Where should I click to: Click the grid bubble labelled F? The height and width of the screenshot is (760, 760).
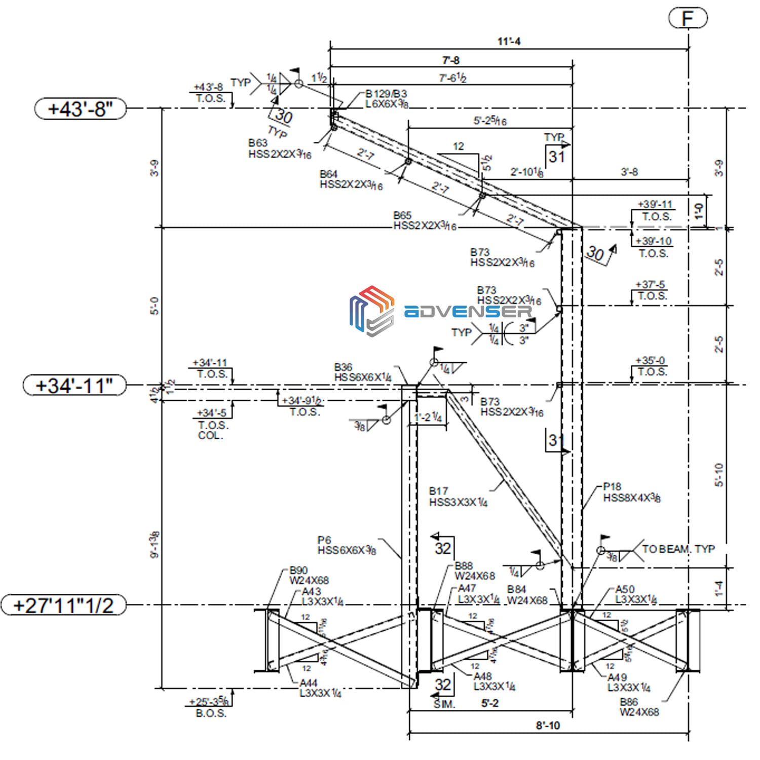688,18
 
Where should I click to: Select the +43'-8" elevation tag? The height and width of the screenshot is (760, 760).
80,108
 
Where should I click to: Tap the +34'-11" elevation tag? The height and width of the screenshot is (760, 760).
74,386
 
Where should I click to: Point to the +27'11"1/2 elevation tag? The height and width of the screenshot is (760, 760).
63,605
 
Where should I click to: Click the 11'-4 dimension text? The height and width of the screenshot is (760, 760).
509,41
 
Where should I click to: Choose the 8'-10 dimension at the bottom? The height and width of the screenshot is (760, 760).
548,725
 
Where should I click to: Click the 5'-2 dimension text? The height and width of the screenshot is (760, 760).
489,703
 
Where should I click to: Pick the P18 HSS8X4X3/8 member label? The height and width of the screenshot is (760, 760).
631,492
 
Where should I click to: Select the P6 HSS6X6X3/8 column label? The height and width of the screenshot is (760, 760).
347,545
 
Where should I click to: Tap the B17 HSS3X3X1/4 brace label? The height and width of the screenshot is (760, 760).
458,497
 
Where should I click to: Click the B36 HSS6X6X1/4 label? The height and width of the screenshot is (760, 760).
362,372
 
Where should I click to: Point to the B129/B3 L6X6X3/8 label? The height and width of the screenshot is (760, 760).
387,99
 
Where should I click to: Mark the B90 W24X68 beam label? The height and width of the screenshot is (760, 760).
309,575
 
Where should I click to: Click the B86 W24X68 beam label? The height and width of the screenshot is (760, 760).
639,707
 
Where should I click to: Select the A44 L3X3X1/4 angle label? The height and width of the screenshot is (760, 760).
320,688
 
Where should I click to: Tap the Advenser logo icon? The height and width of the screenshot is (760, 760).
371,311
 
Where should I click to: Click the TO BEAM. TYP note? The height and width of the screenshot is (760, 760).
678,549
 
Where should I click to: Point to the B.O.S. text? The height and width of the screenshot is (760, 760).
211,713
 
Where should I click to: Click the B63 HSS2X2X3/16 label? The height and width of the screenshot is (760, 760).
280,149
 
